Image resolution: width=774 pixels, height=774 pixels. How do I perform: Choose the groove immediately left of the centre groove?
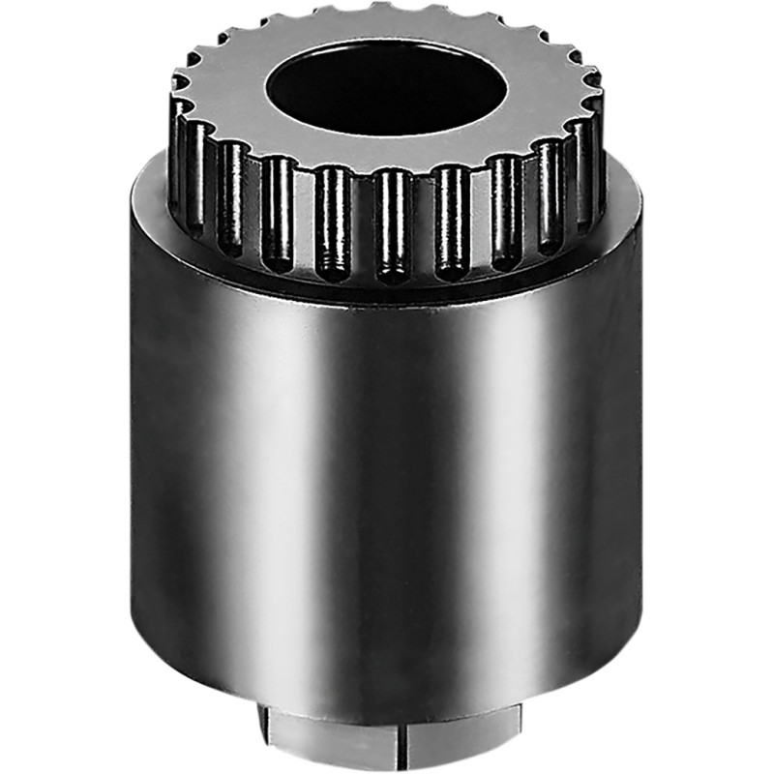(x=334, y=223)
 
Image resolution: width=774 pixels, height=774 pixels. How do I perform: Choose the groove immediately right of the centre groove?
(x=450, y=221)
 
